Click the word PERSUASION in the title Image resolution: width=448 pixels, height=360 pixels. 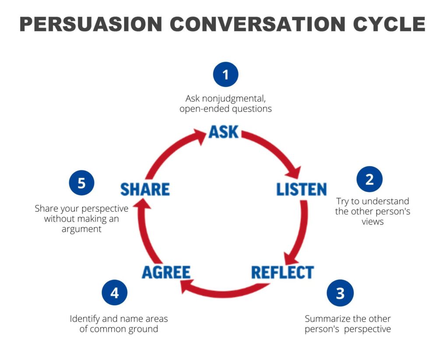[91, 24]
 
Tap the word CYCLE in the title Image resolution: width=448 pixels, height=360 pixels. [389, 24]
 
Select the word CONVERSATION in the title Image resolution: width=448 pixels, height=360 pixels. [257, 24]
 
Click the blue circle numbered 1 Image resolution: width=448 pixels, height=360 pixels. [226, 74]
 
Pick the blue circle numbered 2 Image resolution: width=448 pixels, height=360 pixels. [369, 179]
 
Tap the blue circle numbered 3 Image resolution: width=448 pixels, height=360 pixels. [340, 293]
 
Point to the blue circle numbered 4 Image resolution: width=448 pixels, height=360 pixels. [115, 293]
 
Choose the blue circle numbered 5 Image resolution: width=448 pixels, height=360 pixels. [82, 183]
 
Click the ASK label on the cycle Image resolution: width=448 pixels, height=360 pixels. [224, 132]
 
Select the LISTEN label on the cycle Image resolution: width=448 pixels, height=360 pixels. [301, 189]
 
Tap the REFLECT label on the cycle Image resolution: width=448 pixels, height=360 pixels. [283, 272]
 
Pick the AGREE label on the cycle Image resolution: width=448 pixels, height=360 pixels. [166, 272]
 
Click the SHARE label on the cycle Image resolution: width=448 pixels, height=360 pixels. [145, 189]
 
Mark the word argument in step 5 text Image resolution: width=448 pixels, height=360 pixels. [81, 229]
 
